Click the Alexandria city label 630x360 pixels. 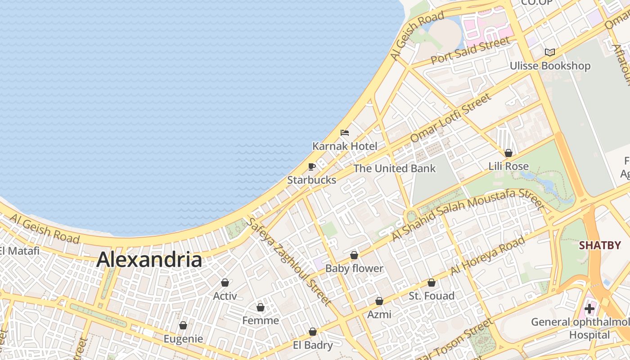[x=149, y=260]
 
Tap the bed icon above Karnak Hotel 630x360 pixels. [x=345, y=133]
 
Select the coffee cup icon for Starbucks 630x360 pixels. [x=311, y=167]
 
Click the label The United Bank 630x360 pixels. [x=394, y=169]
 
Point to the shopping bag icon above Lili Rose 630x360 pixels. [x=508, y=153]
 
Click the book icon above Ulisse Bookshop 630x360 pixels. [x=549, y=52]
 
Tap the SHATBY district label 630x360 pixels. [x=599, y=245]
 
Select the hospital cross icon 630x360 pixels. [x=589, y=309]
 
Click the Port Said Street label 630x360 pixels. [x=471, y=50]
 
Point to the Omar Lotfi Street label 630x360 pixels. [x=451, y=118]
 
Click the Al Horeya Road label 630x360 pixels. [x=488, y=255]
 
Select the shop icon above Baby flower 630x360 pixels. [x=354, y=255]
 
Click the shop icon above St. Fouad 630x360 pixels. [x=432, y=283]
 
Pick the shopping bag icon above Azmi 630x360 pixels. [x=379, y=301]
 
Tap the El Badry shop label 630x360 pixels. [x=313, y=345]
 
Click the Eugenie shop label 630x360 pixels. [x=183, y=338]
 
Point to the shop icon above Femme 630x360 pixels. [x=260, y=307]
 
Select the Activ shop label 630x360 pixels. [x=225, y=296]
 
